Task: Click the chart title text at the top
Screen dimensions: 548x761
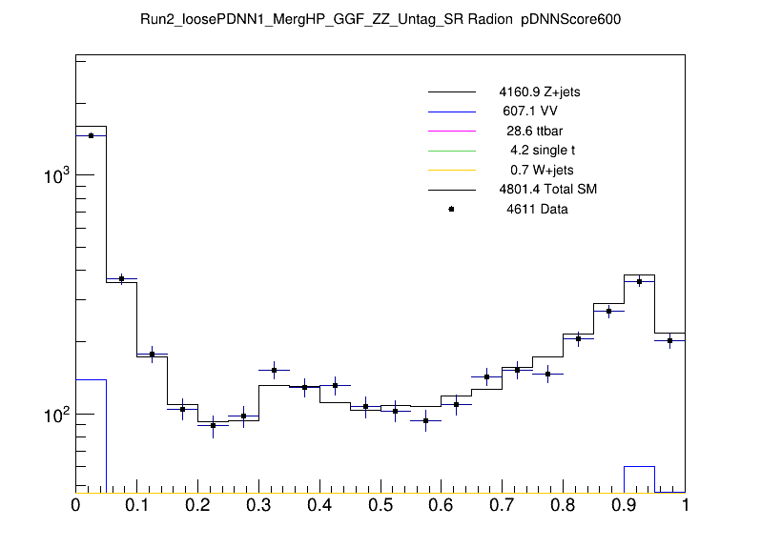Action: tap(380, 19)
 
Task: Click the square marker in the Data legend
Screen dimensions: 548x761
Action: tap(451, 209)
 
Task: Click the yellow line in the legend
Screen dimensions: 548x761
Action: tap(451, 170)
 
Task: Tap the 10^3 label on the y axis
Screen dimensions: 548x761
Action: tap(55, 176)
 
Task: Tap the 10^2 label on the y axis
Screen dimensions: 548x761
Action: tap(55, 416)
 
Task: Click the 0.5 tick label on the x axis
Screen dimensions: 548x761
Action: tap(380, 506)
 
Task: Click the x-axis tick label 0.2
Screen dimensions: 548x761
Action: tap(197, 506)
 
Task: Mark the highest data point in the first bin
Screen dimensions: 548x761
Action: tap(91, 135)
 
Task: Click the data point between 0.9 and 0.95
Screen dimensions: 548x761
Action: tap(639, 281)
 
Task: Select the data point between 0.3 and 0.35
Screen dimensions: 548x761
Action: tap(274, 370)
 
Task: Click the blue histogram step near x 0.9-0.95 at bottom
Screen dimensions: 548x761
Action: tap(639, 467)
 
